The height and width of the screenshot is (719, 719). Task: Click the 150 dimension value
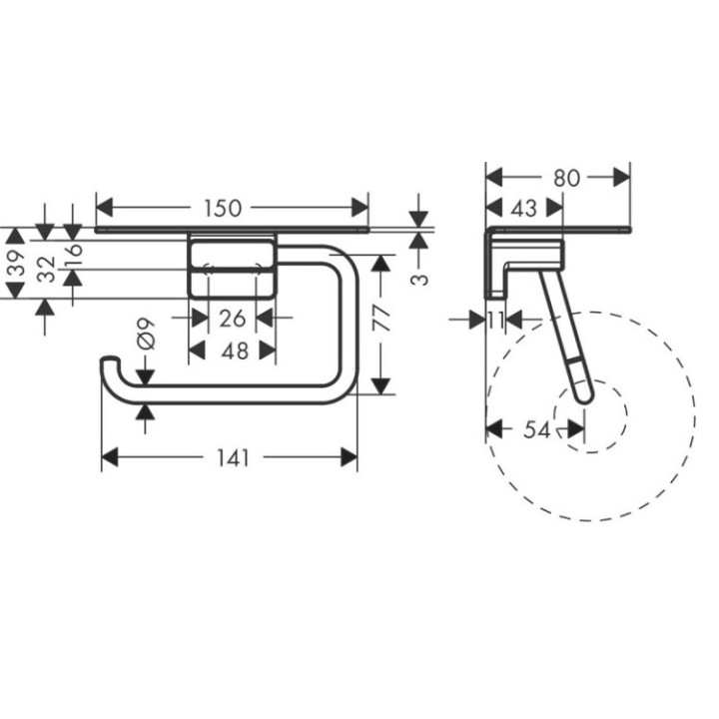tap(223, 208)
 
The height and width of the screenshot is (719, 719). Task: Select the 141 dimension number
tap(230, 457)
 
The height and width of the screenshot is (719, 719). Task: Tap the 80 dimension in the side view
tap(565, 177)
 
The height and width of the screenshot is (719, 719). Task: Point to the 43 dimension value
tap(523, 208)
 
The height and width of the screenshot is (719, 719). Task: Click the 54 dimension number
tap(536, 429)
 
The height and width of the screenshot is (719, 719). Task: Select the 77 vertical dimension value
tap(380, 319)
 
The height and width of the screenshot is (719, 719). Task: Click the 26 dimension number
tap(232, 319)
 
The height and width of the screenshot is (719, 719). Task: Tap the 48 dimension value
tap(232, 351)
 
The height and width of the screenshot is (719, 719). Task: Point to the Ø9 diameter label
tap(145, 333)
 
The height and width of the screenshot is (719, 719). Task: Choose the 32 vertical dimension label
tap(45, 269)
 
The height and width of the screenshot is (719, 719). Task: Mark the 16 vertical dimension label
tap(72, 254)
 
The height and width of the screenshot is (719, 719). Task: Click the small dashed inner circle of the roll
tap(590, 417)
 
